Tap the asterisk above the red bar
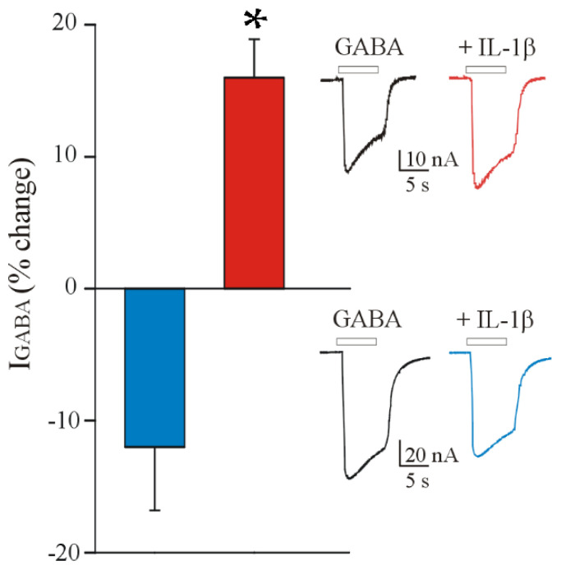(255, 16)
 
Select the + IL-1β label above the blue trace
(491, 319)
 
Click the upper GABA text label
(358, 48)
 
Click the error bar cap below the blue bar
(154, 511)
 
